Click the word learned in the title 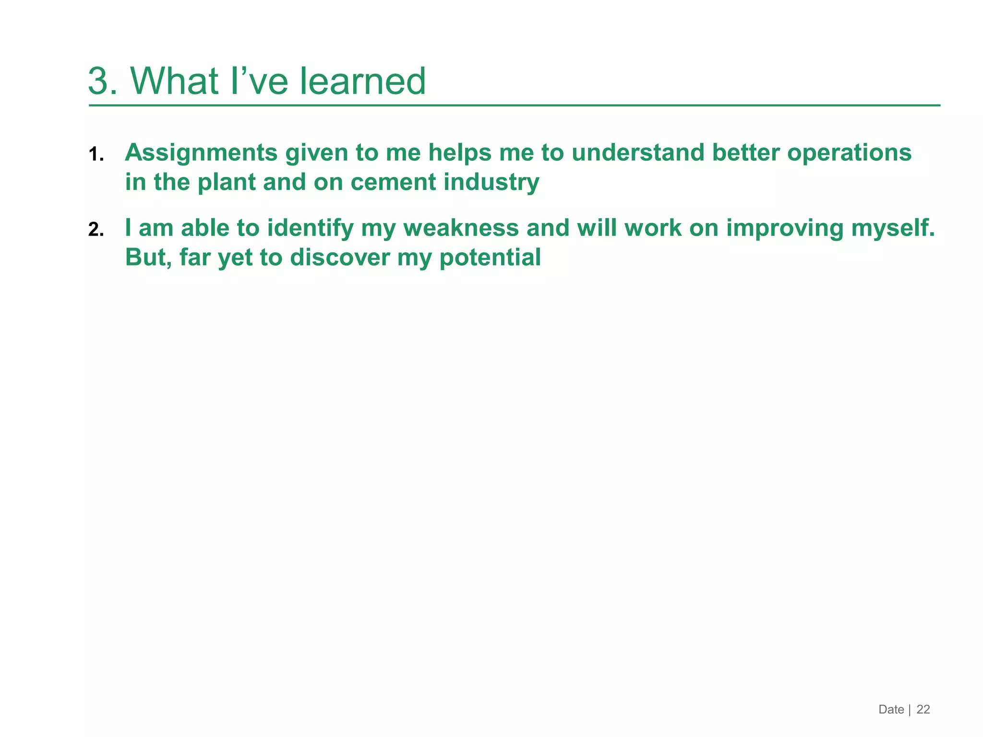363,81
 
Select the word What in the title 175,81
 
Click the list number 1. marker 96,155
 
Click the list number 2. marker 96,230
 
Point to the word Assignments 201,153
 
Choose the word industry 491,182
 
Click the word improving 785,228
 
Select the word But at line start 146,257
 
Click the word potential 490,257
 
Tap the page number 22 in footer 923,709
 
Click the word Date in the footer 891,709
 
